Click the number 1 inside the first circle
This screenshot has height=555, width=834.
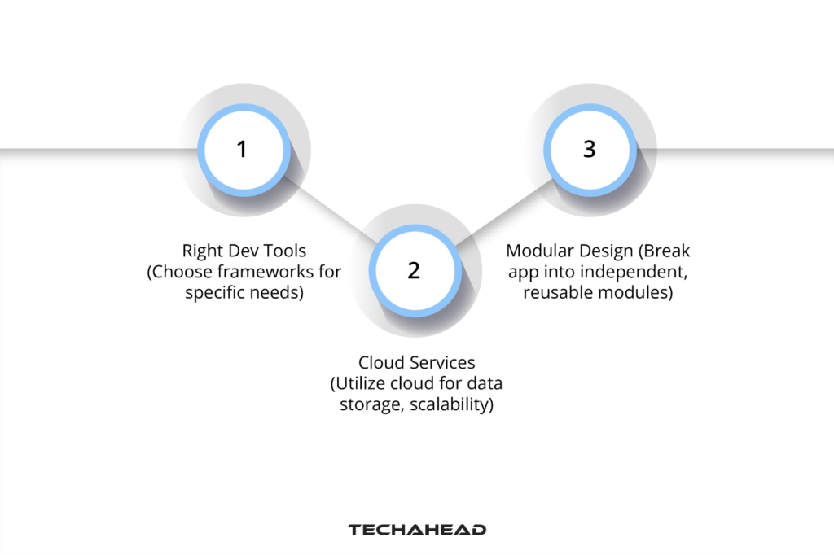(x=241, y=150)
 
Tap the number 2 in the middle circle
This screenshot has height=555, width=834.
(x=414, y=271)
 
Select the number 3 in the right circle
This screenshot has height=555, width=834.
(x=589, y=150)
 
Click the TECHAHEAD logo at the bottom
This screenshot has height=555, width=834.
(x=417, y=530)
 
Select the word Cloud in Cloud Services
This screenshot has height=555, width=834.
(x=380, y=362)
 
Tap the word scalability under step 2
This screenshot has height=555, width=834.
(x=452, y=404)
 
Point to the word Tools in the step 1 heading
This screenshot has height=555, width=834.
(x=285, y=251)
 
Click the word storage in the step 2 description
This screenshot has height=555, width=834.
(x=365, y=404)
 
